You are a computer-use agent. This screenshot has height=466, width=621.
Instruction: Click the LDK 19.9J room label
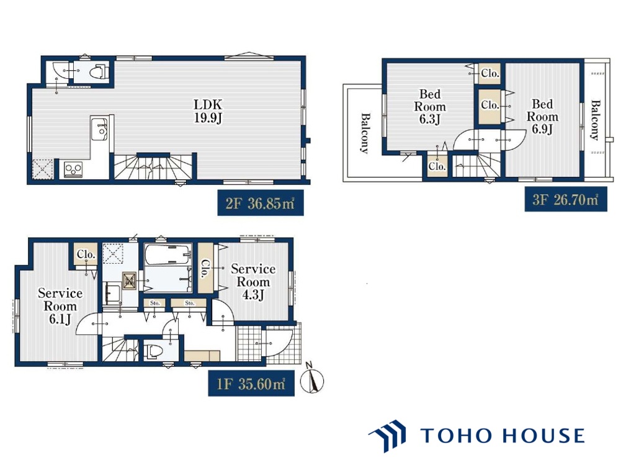pyautogui.click(x=208, y=111)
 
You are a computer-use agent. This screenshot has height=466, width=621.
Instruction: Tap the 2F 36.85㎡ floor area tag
pyautogui.click(x=260, y=203)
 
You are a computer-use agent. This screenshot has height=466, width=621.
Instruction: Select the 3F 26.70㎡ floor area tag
pyautogui.click(x=566, y=199)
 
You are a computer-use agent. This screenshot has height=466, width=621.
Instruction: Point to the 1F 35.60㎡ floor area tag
pyautogui.click(x=251, y=383)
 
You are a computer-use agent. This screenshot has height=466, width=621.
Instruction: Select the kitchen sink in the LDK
pyautogui.click(x=99, y=128)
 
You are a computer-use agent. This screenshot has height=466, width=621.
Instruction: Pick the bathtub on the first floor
pyautogui.click(x=168, y=255)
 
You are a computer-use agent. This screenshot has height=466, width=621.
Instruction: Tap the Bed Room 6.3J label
pyautogui.click(x=430, y=107)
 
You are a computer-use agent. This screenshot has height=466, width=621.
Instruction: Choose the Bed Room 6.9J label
pyautogui.click(x=542, y=117)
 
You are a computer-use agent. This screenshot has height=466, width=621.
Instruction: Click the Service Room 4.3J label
pyautogui.click(x=253, y=282)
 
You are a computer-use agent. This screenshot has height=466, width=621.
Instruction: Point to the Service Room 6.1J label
pyautogui.click(x=60, y=306)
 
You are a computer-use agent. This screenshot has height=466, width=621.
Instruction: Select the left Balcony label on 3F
pyautogui.click(x=365, y=133)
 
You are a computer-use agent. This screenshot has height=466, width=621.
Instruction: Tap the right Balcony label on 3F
pyautogui.click(x=595, y=120)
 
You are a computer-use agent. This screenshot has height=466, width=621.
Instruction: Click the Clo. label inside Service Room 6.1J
pyautogui.click(x=86, y=254)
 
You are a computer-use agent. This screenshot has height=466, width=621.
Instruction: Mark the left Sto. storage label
pyautogui.click(x=155, y=303)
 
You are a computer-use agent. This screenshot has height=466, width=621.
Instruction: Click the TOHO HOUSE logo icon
pyautogui.click(x=388, y=436)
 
